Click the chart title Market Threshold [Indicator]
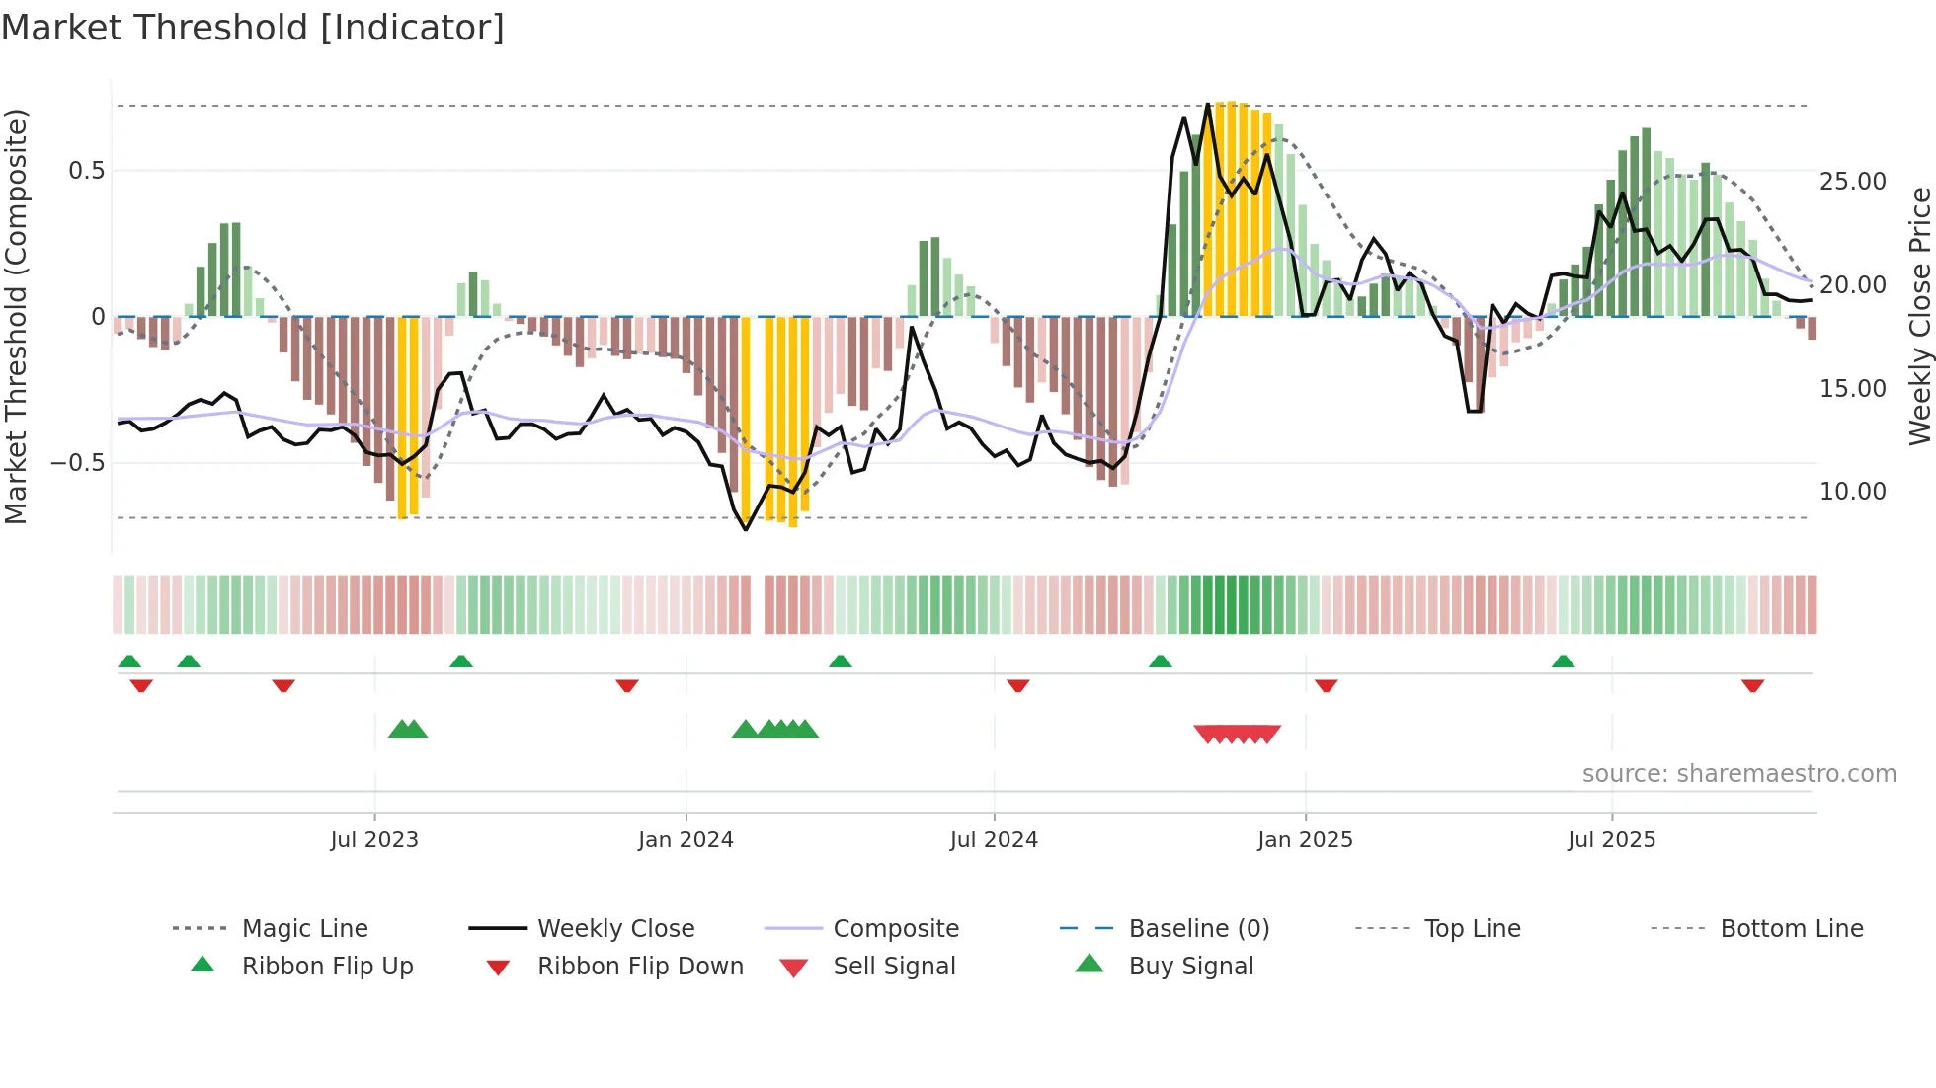[253, 28]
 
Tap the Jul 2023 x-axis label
[374, 840]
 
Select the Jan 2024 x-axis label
[686, 840]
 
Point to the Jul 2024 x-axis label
[994, 840]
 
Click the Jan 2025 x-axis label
[1305, 840]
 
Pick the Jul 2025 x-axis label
[1611, 840]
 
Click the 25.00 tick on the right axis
[1852, 182]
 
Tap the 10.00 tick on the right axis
[1852, 492]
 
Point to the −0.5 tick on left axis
[77, 463]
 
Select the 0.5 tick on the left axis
[86, 171]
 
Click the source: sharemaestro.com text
[1738, 774]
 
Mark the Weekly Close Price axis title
[1919, 316]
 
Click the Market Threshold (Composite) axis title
[17, 316]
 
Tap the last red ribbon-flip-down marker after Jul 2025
[1752, 685]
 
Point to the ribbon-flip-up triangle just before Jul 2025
[1563, 661]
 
